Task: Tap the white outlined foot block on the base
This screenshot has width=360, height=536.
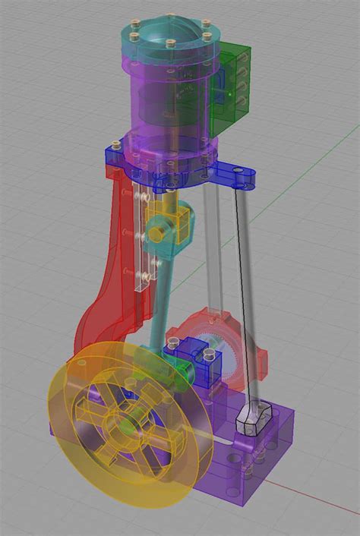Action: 253,419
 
